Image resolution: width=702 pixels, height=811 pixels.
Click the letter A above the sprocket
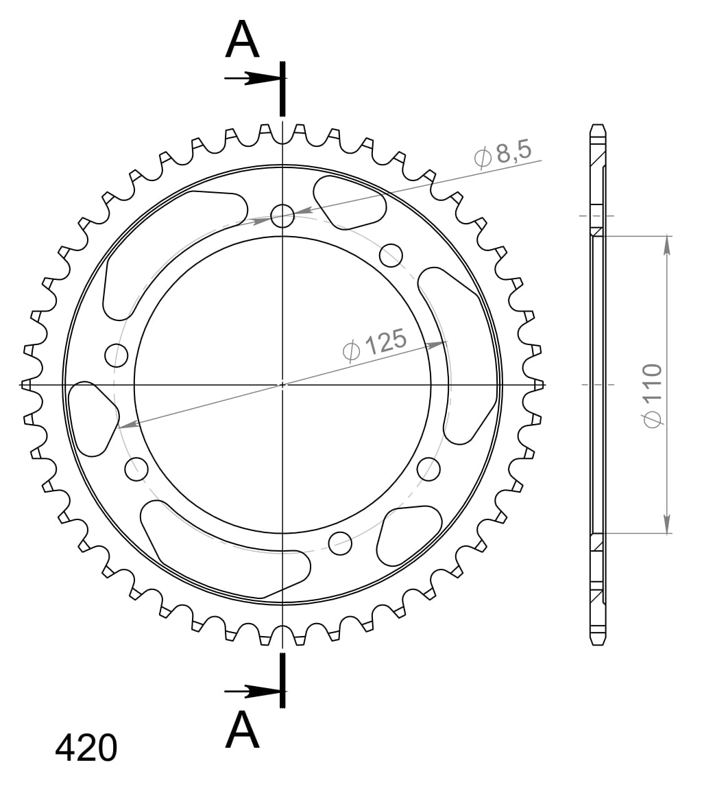pos(243,40)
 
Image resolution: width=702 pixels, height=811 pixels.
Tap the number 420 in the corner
pos(86,748)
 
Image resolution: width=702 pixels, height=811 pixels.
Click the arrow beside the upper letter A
pos(251,79)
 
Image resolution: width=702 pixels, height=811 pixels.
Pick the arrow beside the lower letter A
pos(251,691)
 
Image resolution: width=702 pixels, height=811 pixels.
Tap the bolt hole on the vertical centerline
pos(282,216)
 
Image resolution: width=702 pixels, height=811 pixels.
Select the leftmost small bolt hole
pos(117,355)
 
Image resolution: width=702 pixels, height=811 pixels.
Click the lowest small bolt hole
pos(340,543)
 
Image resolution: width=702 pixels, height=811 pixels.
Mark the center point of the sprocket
pos(282,385)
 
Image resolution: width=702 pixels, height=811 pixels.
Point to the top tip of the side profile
pos(598,126)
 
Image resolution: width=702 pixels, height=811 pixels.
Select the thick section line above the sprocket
pos(282,89)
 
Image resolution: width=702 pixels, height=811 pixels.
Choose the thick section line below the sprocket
pos(282,680)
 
